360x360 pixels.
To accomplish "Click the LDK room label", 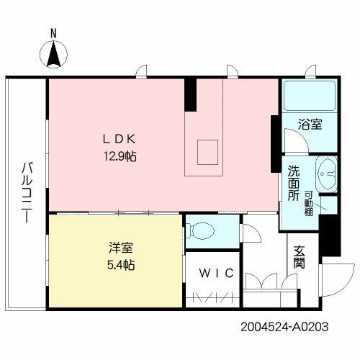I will pos(120,140).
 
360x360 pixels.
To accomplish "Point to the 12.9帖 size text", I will pos(120,156).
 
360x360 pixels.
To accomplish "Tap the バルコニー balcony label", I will pos(27,190).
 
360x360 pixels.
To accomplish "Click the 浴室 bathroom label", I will pos(310,124).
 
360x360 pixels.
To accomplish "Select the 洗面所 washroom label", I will pos(294,183).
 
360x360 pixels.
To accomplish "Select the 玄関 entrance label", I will pos(299,257).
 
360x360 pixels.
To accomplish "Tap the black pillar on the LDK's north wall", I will pos(190,94).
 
